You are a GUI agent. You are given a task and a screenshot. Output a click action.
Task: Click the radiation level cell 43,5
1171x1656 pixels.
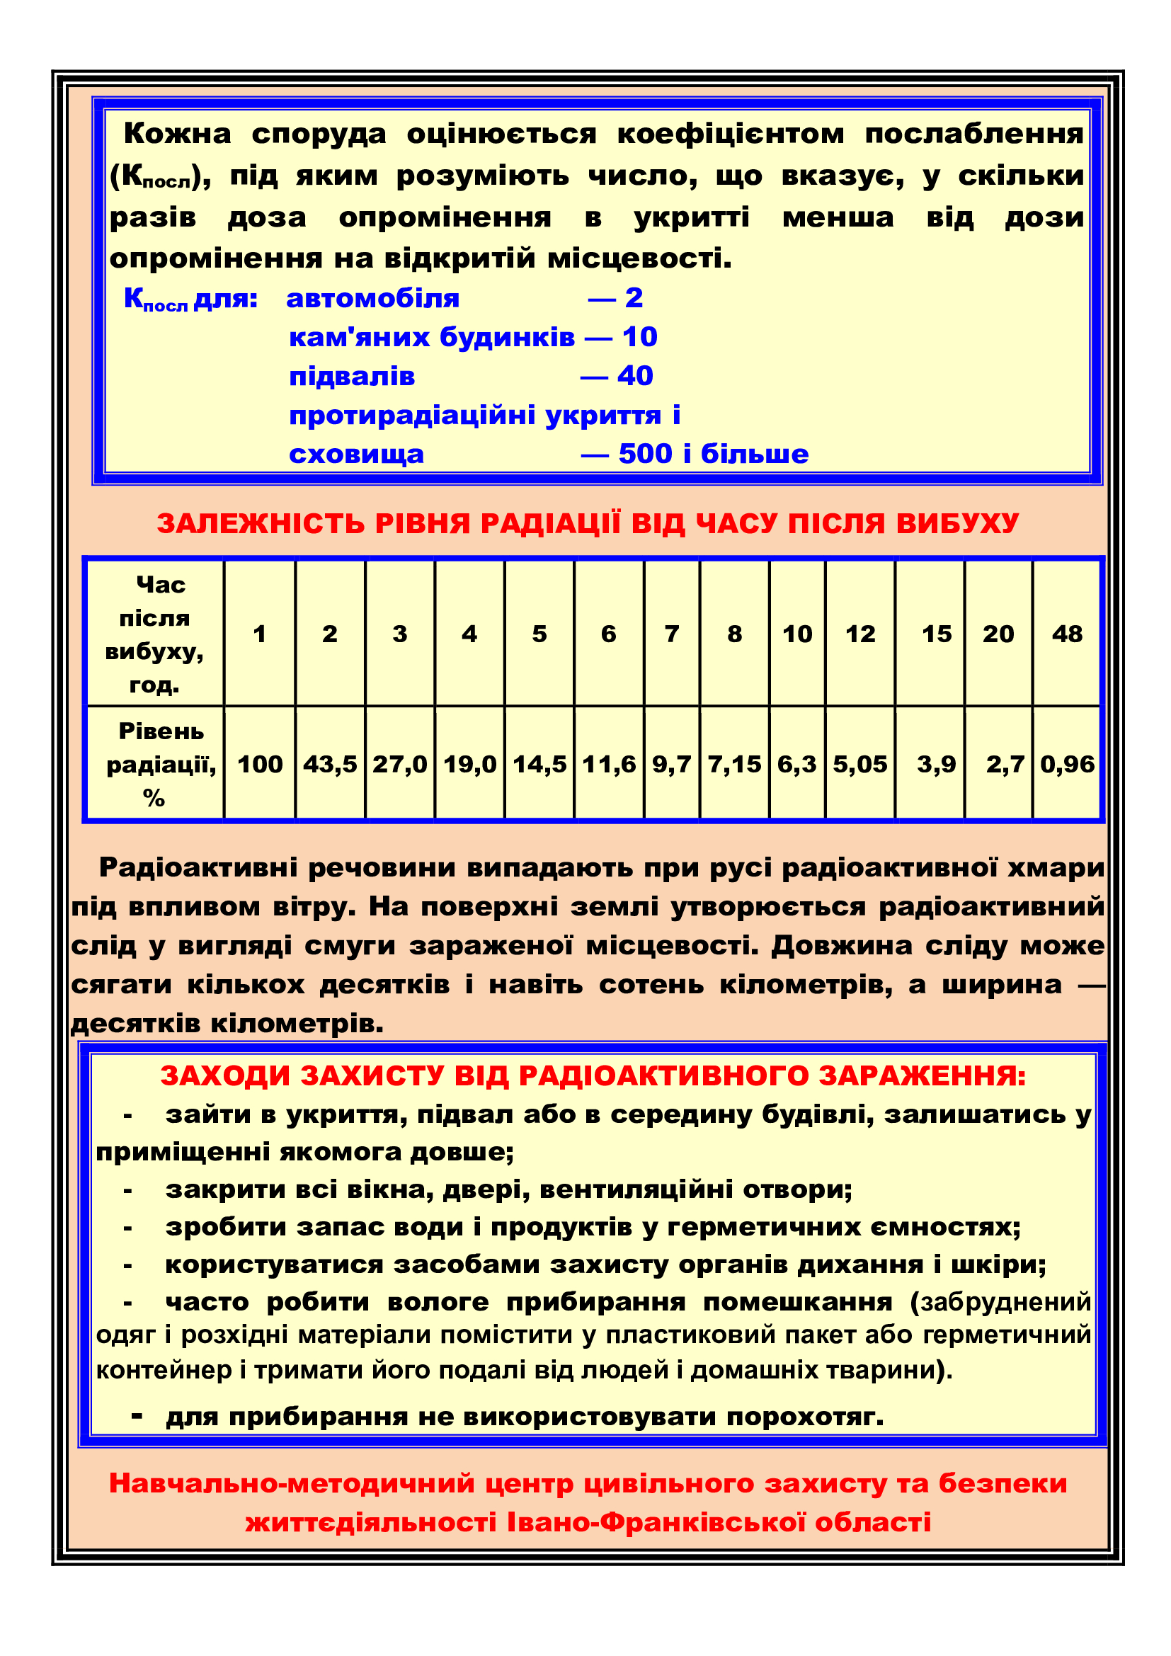(329, 764)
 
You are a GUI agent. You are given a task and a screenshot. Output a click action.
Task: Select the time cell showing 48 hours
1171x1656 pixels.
(1066, 634)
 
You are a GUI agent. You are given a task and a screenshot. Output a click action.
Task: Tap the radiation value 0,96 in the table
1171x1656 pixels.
(1066, 764)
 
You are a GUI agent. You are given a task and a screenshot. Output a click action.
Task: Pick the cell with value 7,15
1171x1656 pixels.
(734, 764)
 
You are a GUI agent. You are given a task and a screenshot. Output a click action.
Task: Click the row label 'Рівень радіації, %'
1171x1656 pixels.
(160, 764)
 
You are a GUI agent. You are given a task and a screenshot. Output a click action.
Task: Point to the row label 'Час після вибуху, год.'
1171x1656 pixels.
(154, 634)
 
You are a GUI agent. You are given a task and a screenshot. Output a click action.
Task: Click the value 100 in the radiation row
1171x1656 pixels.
(260, 764)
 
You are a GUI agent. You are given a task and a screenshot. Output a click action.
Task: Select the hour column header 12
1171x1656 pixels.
(859, 634)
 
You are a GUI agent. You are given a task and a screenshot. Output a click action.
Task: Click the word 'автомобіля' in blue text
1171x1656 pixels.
(373, 299)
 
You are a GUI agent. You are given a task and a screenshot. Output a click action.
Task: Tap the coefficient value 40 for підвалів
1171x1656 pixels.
(635, 376)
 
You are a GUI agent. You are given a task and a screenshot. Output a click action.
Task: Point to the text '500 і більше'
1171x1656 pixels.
(713, 454)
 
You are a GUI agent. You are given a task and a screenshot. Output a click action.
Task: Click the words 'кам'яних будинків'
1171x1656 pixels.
(432, 337)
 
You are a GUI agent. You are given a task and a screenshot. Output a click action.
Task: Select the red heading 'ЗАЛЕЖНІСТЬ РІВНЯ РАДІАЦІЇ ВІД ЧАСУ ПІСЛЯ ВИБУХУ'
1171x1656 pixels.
(588, 524)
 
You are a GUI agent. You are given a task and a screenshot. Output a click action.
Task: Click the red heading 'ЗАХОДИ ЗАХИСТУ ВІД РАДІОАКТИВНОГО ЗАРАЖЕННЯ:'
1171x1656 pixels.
(593, 1075)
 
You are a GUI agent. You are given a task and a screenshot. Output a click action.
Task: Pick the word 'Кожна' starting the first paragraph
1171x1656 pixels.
(178, 133)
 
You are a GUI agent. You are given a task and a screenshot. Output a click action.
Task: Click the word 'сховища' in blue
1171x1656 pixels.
(356, 455)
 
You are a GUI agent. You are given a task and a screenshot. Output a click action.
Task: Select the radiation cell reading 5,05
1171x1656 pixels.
(859, 764)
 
